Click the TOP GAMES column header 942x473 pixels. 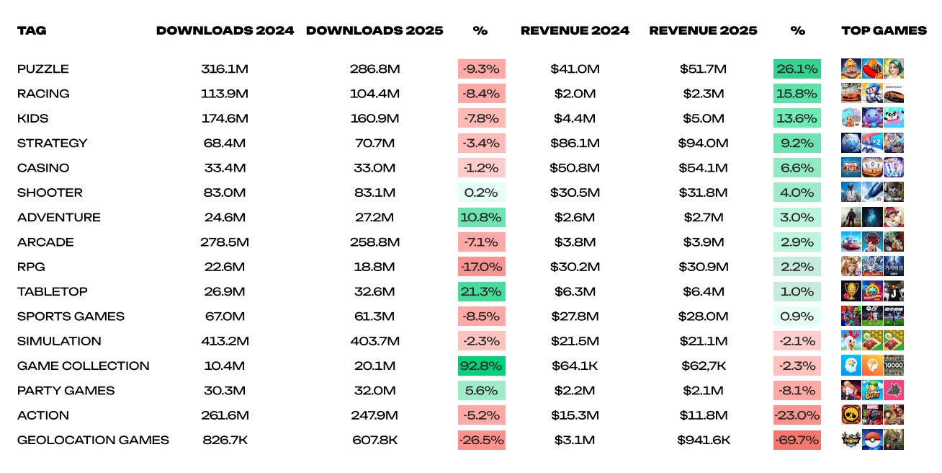(884, 30)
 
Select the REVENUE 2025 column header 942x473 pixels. (703, 30)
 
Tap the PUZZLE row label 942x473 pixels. (43, 68)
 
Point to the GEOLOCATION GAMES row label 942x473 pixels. (93, 440)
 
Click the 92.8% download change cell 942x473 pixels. (482, 366)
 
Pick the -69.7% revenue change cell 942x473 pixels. (797, 440)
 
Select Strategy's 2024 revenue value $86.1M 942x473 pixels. (575, 143)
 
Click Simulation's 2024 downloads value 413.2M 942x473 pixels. (225, 341)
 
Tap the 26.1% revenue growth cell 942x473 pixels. (797, 68)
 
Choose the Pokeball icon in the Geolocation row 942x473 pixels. (872, 440)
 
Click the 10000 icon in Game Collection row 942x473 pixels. (894, 366)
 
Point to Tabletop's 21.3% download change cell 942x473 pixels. (482, 291)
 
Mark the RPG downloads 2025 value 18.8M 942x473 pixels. (374, 267)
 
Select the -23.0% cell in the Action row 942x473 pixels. (797, 415)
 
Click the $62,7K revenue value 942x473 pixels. (704, 366)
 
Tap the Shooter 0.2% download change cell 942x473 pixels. (482, 193)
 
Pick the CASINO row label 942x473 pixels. (43, 167)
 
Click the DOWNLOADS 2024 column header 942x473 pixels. (225, 30)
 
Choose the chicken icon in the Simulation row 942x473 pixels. (851, 341)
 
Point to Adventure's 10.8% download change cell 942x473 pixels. (482, 217)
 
